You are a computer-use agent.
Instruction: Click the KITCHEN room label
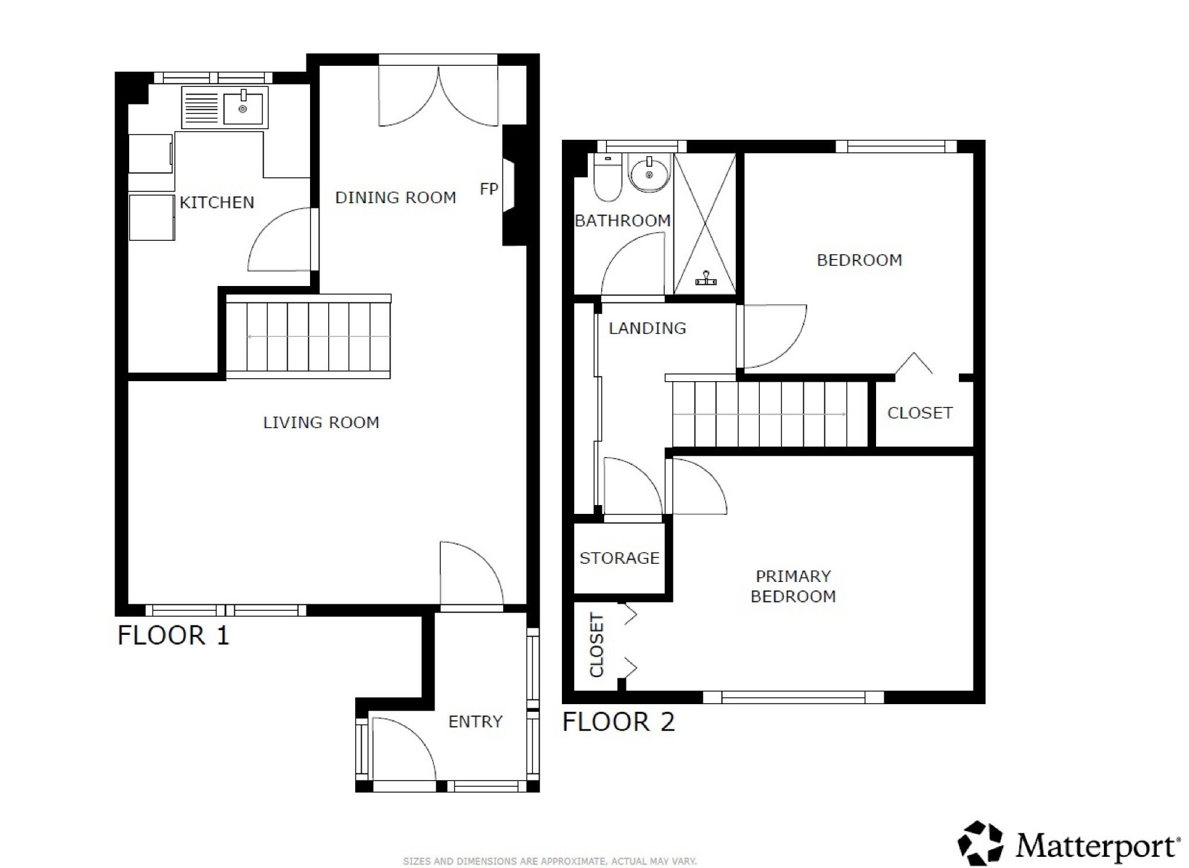click(217, 203)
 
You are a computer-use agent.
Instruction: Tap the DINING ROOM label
click(396, 197)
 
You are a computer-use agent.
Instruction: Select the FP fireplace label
click(489, 189)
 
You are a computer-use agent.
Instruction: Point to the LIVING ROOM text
click(321, 422)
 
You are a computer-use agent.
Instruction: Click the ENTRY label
click(476, 721)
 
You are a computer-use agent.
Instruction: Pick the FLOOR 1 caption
click(173, 635)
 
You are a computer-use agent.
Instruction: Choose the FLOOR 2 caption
click(619, 722)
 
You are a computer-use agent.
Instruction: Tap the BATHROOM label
click(622, 221)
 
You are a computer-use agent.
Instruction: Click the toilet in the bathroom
click(607, 177)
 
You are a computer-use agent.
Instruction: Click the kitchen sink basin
click(242, 109)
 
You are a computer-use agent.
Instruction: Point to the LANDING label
click(647, 328)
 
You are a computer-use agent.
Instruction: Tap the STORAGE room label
click(619, 558)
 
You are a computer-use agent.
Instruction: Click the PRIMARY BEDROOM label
click(793, 586)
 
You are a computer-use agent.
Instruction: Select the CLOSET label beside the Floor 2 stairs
click(920, 413)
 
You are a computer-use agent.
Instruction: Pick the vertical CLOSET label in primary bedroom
click(597, 645)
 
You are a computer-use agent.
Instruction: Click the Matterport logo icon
click(981, 843)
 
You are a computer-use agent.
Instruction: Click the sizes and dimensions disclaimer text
click(550, 862)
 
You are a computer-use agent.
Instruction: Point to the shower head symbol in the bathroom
click(706, 279)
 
